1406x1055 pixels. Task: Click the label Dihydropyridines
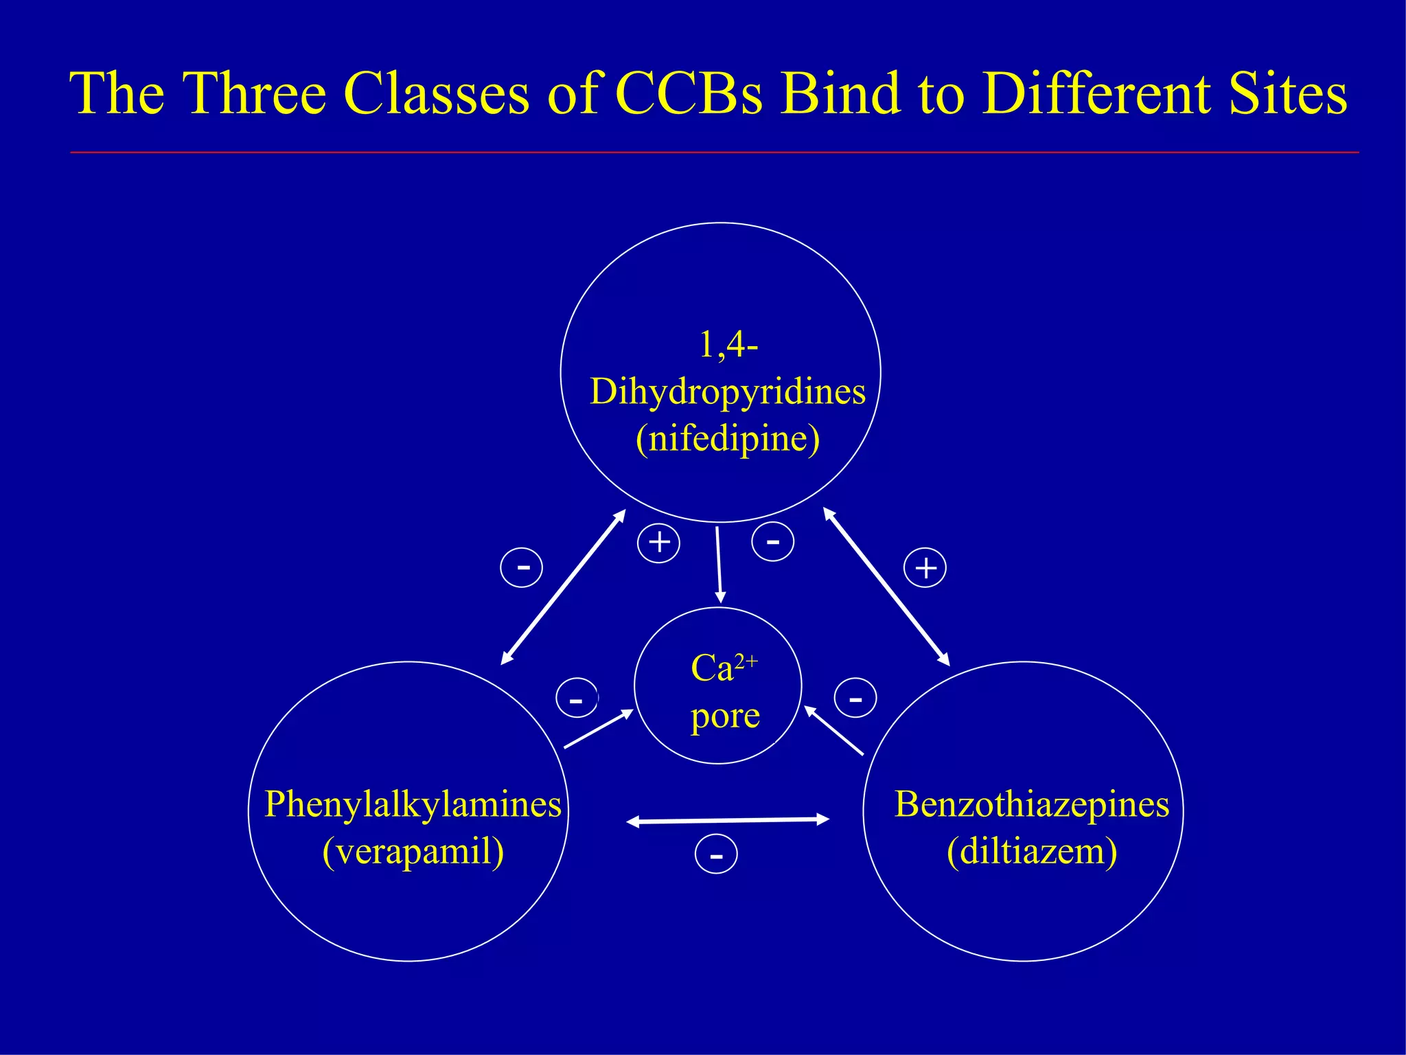click(x=728, y=393)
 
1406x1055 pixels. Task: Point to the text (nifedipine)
click(x=728, y=440)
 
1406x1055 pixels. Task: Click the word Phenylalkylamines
click(x=413, y=804)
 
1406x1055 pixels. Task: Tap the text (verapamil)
click(x=413, y=852)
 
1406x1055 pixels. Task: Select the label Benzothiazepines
click(x=1032, y=804)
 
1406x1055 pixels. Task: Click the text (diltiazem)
click(x=1032, y=852)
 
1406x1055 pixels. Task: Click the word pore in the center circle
click(x=725, y=716)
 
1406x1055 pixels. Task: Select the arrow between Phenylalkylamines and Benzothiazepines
click(x=728, y=820)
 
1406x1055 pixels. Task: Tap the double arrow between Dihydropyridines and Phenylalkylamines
click(x=564, y=587)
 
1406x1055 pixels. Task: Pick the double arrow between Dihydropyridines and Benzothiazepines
click(x=886, y=587)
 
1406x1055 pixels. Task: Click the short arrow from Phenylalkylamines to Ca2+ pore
click(x=598, y=729)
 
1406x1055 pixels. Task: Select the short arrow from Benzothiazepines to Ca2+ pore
click(x=833, y=730)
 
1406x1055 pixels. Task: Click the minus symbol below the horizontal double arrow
click(x=716, y=855)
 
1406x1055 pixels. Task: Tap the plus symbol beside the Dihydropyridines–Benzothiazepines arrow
click(x=925, y=568)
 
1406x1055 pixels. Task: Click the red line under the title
click(x=714, y=152)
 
